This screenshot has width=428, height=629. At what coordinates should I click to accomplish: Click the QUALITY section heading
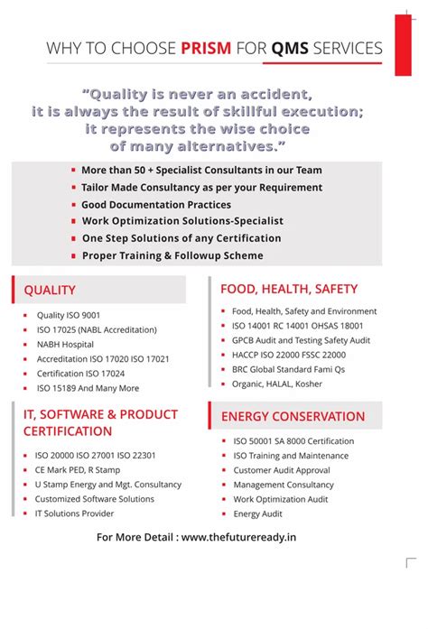[x=50, y=290]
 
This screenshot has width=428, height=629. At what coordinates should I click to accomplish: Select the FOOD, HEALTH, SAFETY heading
[x=289, y=289]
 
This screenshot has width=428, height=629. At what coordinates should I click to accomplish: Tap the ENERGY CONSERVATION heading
[x=293, y=417]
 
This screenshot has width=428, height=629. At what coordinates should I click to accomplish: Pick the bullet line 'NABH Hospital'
[x=65, y=345]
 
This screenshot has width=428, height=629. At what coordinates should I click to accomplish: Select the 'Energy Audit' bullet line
[x=258, y=513]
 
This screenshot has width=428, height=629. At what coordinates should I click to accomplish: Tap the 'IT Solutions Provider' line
[x=74, y=513]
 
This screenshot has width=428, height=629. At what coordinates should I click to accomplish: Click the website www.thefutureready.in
[x=238, y=538]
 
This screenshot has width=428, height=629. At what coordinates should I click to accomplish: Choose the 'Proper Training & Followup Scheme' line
[x=172, y=255]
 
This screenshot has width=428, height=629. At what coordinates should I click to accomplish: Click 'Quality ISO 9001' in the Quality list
[x=70, y=315]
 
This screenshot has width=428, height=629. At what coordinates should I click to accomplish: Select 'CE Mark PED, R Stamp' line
[x=78, y=470]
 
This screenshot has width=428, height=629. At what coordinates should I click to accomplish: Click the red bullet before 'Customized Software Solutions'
[x=25, y=499]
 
